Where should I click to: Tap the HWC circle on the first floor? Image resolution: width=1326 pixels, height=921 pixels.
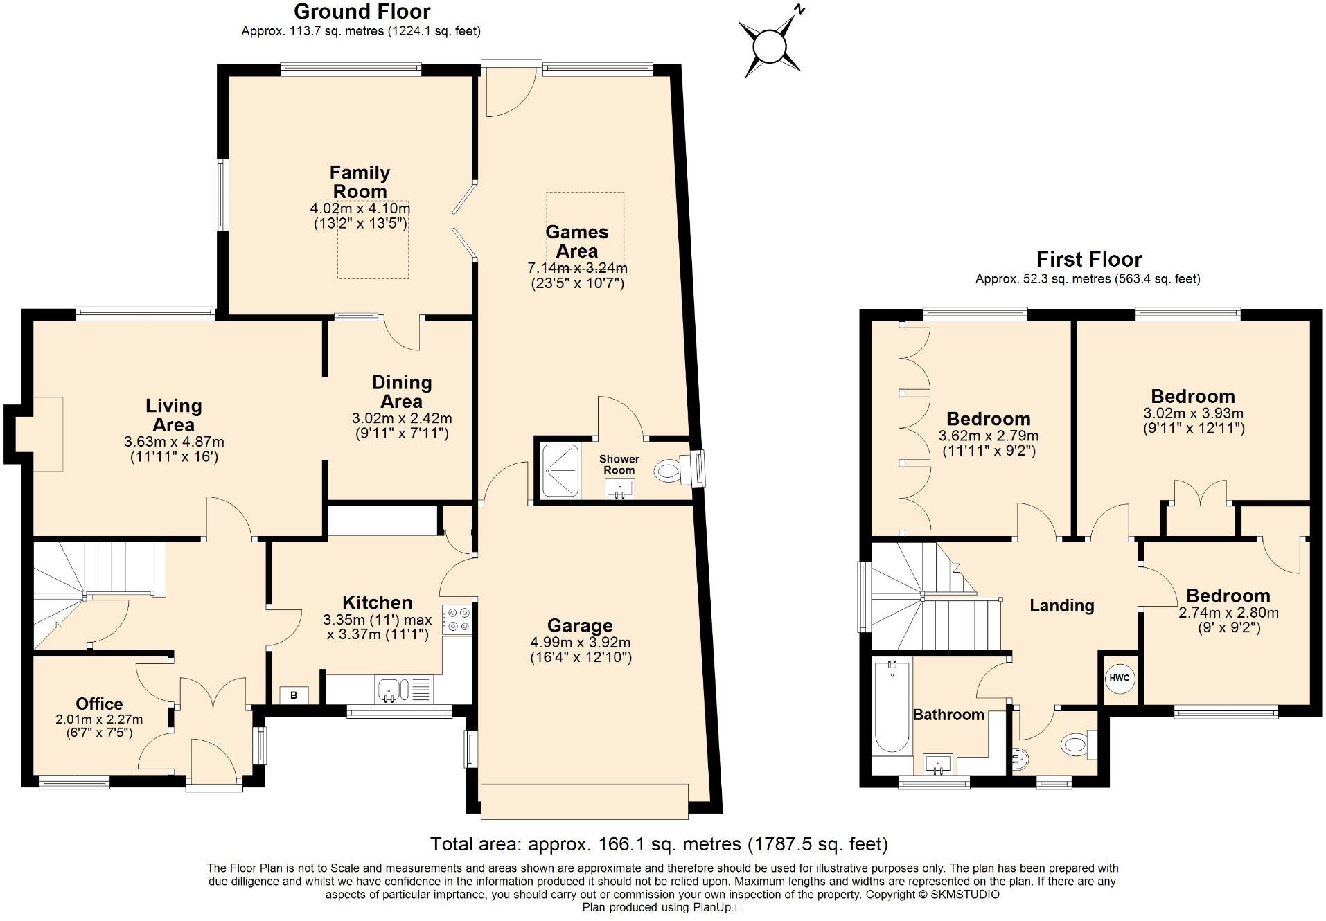click(1119, 677)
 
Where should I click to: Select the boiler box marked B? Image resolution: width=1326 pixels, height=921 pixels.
click(294, 695)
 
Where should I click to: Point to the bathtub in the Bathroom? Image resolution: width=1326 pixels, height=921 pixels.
click(891, 708)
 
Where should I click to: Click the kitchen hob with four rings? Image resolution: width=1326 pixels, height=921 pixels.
click(457, 619)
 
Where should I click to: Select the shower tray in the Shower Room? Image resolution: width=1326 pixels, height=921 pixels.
click(560, 471)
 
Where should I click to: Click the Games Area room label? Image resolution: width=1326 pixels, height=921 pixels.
click(576, 242)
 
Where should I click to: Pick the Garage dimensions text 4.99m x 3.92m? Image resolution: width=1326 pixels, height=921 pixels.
click(580, 643)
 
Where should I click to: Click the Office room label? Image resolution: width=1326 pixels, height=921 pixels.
click(99, 704)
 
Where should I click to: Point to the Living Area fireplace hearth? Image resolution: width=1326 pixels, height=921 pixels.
click(48, 434)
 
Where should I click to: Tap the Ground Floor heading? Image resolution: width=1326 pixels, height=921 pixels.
click(362, 12)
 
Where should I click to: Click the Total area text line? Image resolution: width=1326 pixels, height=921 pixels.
click(658, 844)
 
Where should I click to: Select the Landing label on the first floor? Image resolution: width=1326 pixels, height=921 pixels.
click(1061, 606)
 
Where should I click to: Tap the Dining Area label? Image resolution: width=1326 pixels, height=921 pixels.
click(402, 392)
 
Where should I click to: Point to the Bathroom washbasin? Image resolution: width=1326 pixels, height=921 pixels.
click(938, 764)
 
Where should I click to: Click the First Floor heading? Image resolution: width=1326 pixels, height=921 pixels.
click(1088, 260)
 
